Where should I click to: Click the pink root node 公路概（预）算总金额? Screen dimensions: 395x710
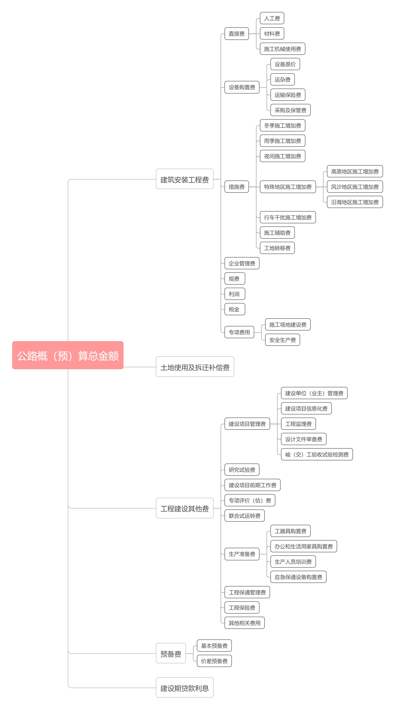(68, 355)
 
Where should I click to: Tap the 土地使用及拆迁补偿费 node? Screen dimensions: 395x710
(195, 367)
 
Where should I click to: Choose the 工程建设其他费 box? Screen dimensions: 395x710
(184, 508)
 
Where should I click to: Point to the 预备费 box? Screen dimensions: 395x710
(171, 653)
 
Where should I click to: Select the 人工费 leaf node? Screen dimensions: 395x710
(272, 18)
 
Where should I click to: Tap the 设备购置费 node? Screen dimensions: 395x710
(242, 87)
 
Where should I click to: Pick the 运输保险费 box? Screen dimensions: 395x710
(288, 95)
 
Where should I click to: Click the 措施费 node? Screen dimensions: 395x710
(237, 187)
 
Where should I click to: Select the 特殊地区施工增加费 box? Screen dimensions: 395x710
(288, 187)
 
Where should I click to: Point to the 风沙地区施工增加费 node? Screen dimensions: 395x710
(355, 187)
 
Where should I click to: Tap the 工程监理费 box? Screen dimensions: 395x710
(298, 424)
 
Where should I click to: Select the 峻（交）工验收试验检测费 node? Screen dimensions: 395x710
(317, 454)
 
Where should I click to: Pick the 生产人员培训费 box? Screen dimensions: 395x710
(293, 561)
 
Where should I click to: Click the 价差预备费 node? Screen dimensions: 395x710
(214, 661)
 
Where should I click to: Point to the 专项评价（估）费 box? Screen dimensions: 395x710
(250, 500)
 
